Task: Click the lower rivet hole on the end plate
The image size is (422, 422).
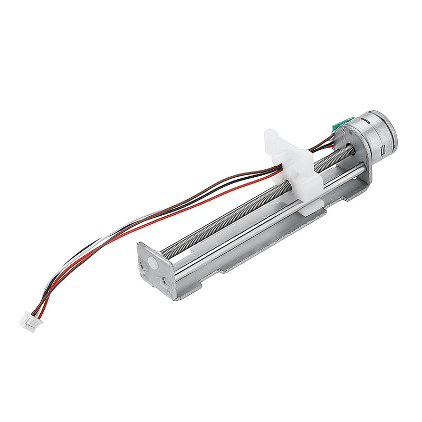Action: pos(168,282)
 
